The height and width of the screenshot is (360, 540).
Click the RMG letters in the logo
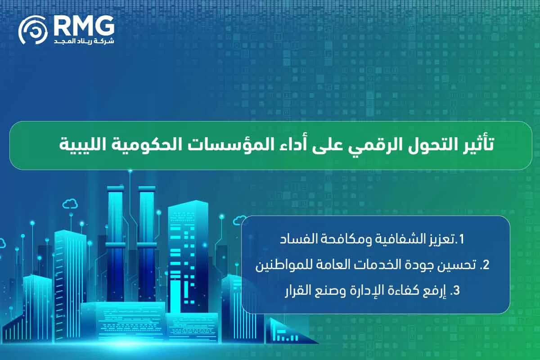click(x=84, y=27)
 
